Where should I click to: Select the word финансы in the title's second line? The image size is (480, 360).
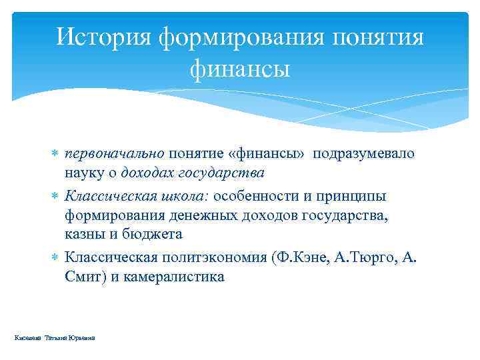[239, 68]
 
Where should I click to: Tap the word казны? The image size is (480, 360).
[84, 235]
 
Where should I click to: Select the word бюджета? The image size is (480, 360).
[155, 235]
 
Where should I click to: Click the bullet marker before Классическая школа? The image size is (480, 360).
[55, 197]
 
